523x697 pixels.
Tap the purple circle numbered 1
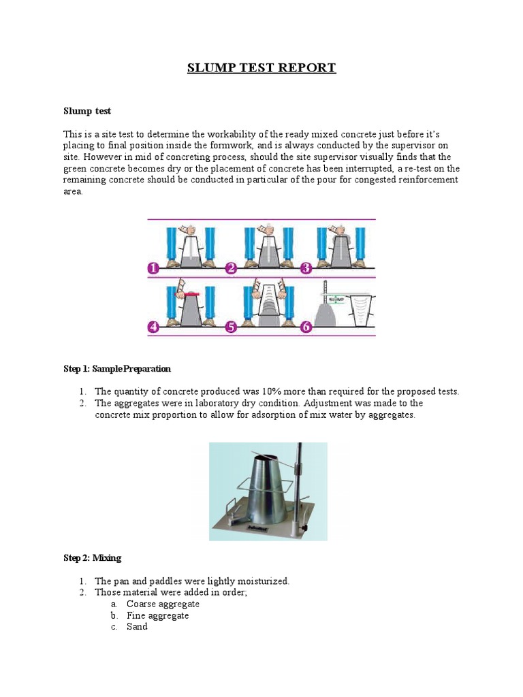tap(154, 268)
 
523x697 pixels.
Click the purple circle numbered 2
tap(231, 268)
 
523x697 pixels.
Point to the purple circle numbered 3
tap(306, 268)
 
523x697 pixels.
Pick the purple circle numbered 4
tap(154, 327)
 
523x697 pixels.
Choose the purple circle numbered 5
tap(231, 327)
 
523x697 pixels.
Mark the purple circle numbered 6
tap(306, 327)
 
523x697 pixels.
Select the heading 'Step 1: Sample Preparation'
tap(117, 369)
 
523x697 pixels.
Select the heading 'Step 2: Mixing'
tap(92, 558)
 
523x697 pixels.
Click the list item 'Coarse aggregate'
tap(163, 604)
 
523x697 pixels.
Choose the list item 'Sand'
tap(137, 627)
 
